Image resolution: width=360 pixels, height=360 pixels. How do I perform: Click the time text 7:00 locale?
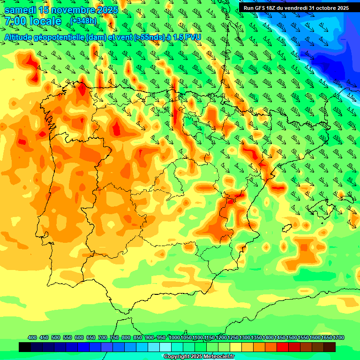pyautogui.click(x=33, y=21)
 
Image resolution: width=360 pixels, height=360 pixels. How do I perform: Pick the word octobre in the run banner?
pyautogui.click(x=323, y=7)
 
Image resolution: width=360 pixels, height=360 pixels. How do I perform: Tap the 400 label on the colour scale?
pyautogui.click(x=32, y=337)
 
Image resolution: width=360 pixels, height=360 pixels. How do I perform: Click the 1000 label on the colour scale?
pyautogui.click(x=174, y=337)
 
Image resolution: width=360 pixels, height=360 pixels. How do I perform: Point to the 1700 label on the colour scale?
pyautogui.click(x=326, y=337)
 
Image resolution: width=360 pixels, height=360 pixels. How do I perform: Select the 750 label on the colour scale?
pyautogui.click(x=114, y=337)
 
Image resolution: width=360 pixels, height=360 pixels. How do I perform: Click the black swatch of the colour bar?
pyautogui.click(x=25, y=347)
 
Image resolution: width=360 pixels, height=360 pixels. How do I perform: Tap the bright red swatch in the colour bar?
pyautogui.click(x=283, y=347)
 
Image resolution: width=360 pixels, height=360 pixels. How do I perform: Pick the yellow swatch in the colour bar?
pyautogui.click(x=236, y=347)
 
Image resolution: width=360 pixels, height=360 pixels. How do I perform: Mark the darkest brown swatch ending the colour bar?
pyautogui.click(x=330, y=347)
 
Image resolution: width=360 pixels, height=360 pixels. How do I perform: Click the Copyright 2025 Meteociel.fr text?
pyautogui.click(x=198, y=356)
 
